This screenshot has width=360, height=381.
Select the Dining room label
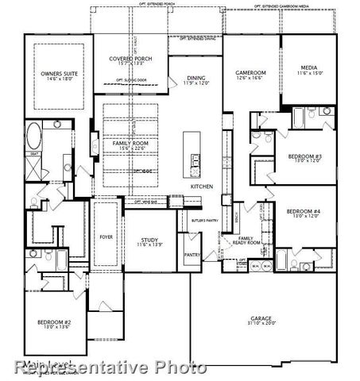click(x=195, y=78)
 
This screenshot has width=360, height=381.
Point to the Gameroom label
click(x=251, y=72)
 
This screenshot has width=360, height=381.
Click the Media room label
click(x=310, y=68)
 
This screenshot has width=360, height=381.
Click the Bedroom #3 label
click(x=304, y=157)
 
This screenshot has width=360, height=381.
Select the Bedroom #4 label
click(x=303, y=210)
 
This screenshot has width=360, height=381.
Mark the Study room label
click(x=150, y=240)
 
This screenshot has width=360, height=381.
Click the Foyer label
click(x=106, y=237)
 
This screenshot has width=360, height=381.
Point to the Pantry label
click(x=192, y=256)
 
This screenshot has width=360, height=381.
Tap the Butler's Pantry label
click(x=204, y=218)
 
